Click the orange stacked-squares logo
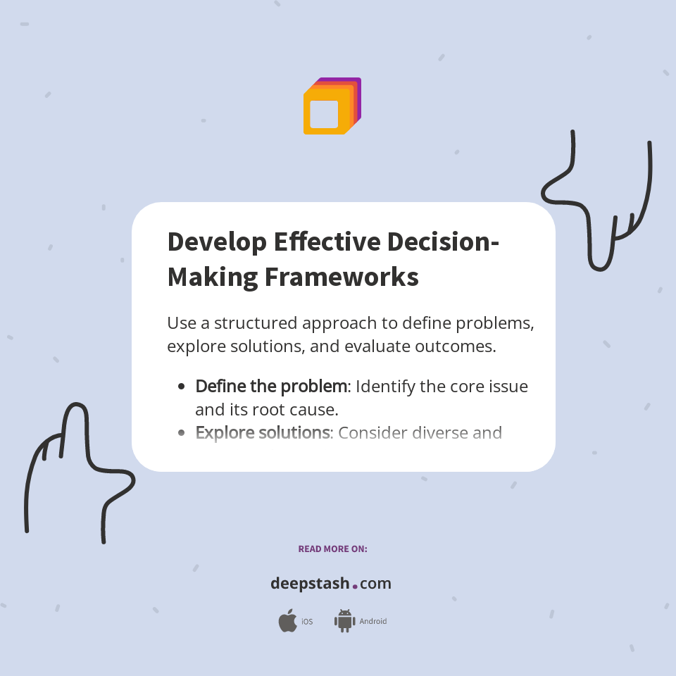tap(332, 106)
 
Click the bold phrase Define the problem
tap(271, 387)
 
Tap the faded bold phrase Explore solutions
tap(262, 432)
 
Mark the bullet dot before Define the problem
tap(182, 387)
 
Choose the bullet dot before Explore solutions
tap(182, 432)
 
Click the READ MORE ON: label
tap(332, 549)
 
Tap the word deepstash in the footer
tap(310, 584)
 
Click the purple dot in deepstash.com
tap(355, 586)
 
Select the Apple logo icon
tap(287, 621)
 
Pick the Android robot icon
tap(344, 621)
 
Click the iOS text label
tap(307, 622)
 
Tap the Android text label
tap(373, 622)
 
